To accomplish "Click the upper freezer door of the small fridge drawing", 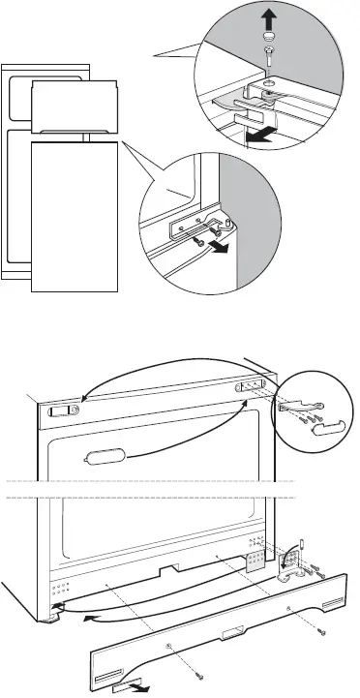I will (x=74, y=107).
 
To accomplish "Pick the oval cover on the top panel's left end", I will (x=63, y=410).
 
